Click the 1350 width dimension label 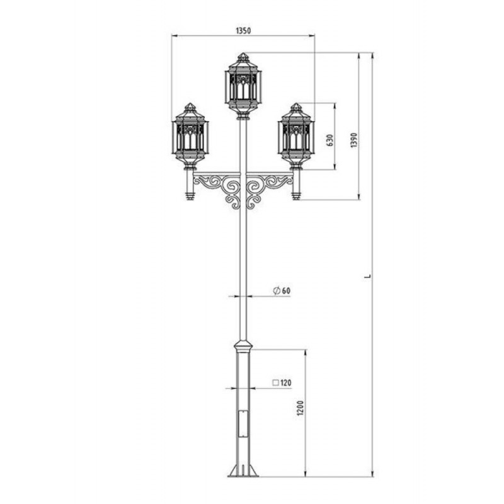(243, 31)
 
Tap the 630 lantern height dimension (330, 140)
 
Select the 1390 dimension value (354, 140)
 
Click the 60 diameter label (287, 290)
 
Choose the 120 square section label (286, 382)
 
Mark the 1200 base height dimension (301, 408)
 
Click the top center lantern (243, 86)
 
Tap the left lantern (190, 136)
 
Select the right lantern (296, 136)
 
